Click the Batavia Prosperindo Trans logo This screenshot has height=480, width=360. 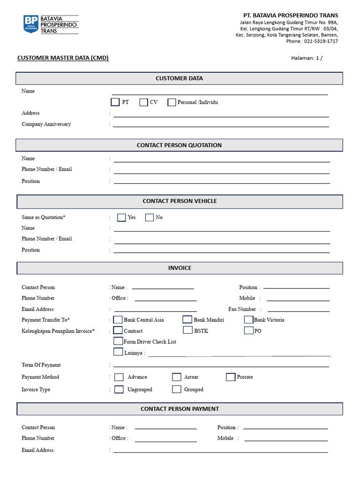(x=51, y=24)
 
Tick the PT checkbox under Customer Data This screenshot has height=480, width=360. (x=115, y=102)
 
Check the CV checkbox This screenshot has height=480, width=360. (x=143, y=102)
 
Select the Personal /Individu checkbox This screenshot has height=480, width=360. (x=172, y=102)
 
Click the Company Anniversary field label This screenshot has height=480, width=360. (x=46, y=124)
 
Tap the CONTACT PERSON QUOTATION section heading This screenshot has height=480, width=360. (x=179, y=145)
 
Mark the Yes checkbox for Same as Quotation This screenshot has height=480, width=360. (x=121, y=217)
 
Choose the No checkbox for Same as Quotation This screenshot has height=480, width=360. (x=150, y=217)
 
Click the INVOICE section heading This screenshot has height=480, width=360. (x=180, y=268)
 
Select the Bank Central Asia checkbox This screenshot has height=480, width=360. (x=118, y=320)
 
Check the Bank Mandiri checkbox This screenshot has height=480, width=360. (x=187, y=320)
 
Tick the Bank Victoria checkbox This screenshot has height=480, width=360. (x=248, y=320)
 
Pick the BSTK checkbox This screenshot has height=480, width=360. (x=187, y=330)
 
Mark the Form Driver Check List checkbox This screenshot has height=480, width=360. (x=118, y=341)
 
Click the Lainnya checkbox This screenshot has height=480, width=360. (x=118, y=352)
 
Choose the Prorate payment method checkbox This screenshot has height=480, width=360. (x=230, y=377)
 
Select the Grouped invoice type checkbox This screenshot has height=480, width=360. (x=176, y=389)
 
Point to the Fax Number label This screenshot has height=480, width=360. (x=242, y=309)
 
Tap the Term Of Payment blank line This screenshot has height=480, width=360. (x=221, y=366)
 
